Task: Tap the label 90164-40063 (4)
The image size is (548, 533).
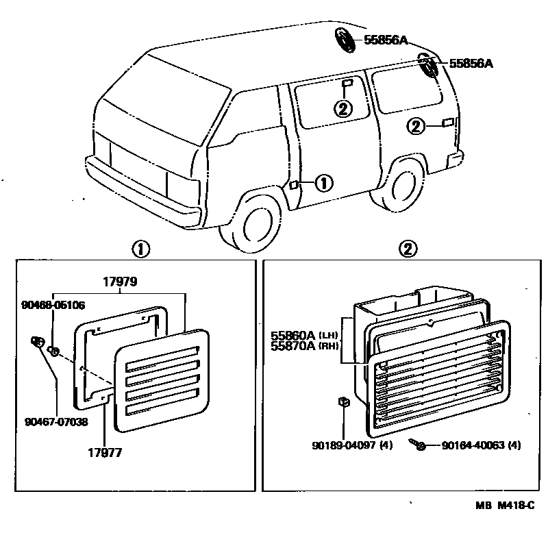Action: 481,445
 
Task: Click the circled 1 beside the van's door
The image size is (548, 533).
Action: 323,183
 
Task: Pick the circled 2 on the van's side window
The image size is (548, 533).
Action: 343,108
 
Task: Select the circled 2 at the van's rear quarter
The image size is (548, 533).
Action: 416,125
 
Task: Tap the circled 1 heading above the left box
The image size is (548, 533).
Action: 140,249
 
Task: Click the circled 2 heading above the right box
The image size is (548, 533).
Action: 408,249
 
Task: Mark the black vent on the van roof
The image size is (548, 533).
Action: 345,39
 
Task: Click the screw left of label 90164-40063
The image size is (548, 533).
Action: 418,445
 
